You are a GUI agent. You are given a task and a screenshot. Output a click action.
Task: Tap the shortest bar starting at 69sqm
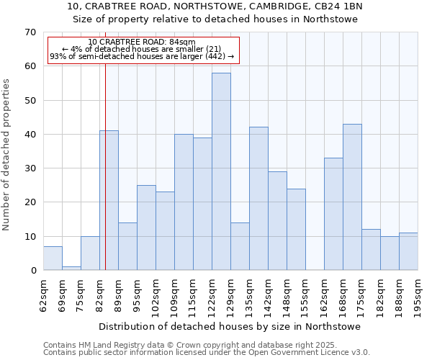coord(71,269)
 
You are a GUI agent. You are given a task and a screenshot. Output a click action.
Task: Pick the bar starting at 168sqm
coord(352,197)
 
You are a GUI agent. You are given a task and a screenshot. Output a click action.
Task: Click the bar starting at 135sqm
coord(258,199)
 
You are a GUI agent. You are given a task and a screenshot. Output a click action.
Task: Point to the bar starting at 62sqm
coord(53,258)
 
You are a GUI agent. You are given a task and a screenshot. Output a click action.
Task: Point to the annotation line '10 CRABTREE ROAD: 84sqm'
coord(142,42)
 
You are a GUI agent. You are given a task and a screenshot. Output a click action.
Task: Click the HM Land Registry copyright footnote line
coord(189,345)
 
